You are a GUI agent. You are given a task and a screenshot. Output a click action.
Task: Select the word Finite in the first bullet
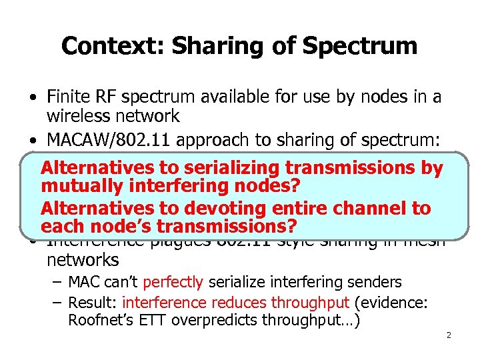(69, 97)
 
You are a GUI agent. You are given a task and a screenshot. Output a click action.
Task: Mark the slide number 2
(449, 335)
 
